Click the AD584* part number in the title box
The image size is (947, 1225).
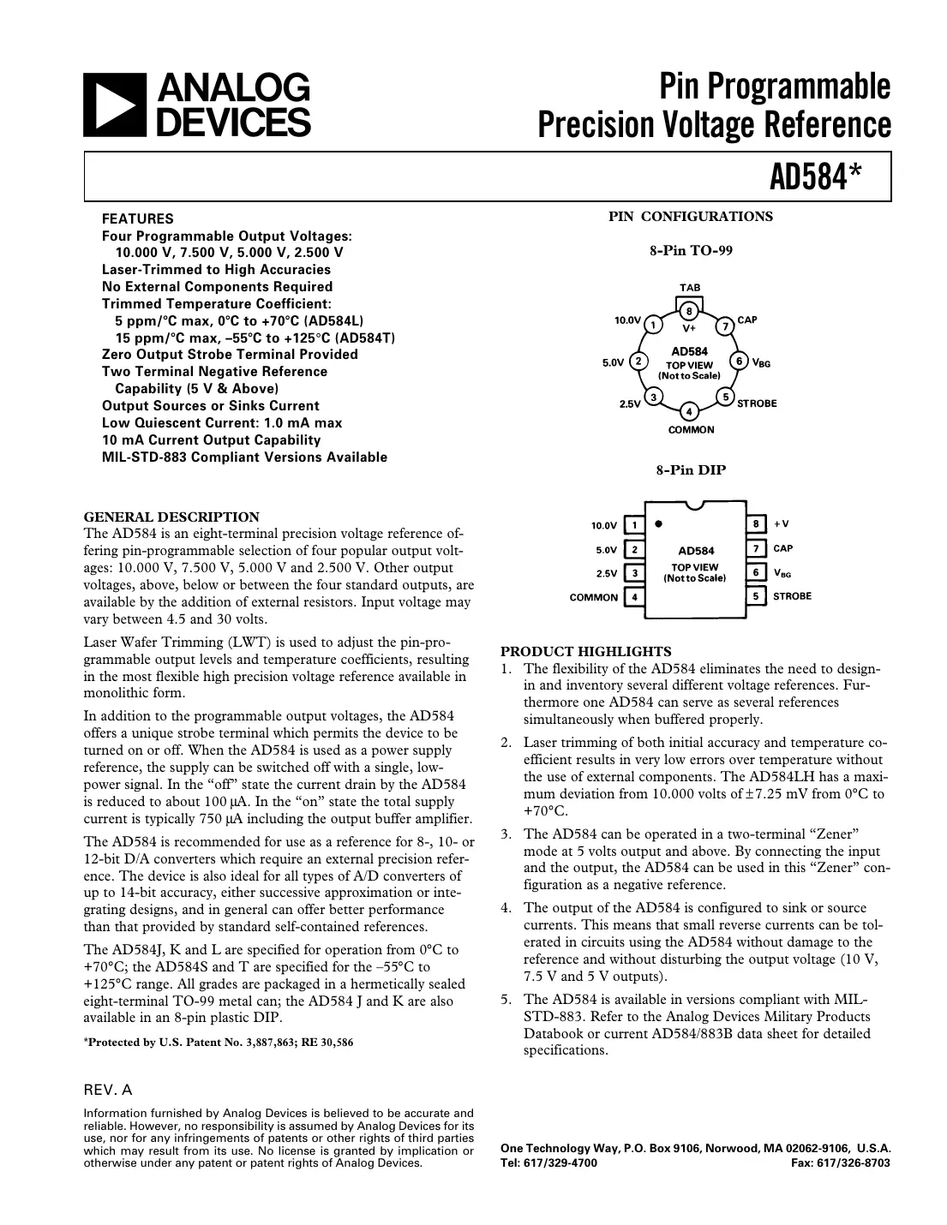point(814,177)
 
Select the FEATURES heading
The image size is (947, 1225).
point(137,218)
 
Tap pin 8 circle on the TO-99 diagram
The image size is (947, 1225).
point(689,310)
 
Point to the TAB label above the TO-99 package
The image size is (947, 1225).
point(690,288)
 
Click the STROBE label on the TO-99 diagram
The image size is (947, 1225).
point(757,403)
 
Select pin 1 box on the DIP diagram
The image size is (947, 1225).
point(634,525)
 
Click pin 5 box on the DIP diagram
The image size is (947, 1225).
point(755,595)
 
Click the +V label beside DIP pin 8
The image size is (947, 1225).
point(782,523)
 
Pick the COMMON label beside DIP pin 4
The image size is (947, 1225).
point(593,597)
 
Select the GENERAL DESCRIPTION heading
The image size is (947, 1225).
point(171,517)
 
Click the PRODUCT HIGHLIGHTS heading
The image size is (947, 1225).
point(586,651)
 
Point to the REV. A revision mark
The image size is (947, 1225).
point(108,1091)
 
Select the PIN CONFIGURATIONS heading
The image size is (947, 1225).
point(691,217)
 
